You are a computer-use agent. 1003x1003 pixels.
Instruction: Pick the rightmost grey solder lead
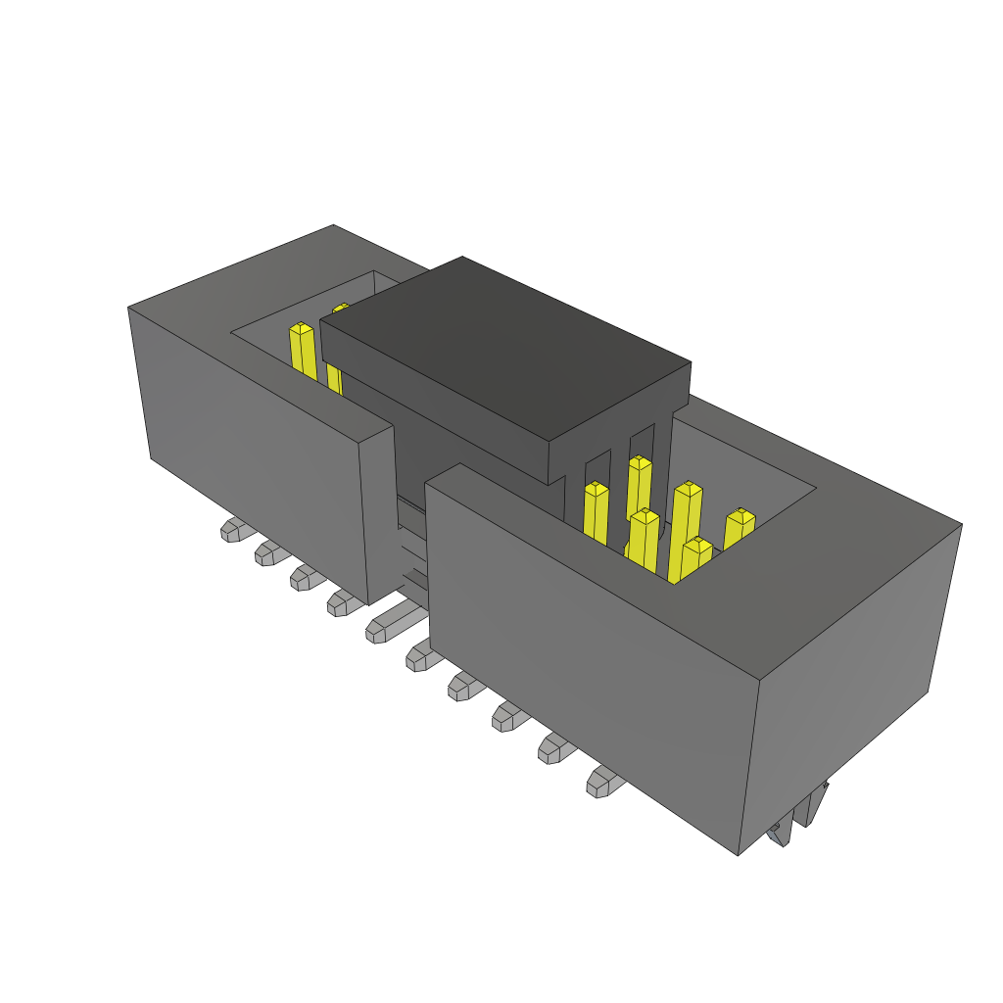point(602,782)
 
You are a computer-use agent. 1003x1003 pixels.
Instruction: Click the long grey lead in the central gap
point(392,620)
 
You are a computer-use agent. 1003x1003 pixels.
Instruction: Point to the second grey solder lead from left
point(268,553)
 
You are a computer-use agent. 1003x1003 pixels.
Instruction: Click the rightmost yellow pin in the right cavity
point(740,529)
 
